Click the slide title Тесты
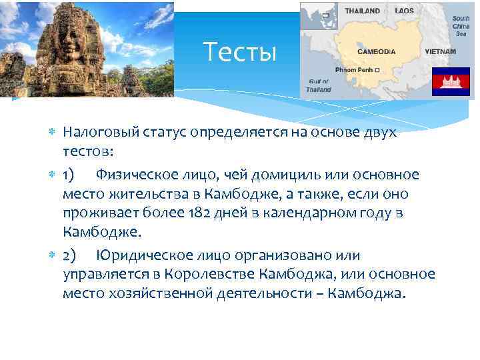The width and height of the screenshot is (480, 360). click(x=239, y=51)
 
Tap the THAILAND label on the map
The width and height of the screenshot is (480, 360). click(x=362, y=11)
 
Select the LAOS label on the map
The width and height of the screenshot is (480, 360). click(x=404, y=11)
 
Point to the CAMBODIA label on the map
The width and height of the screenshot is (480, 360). click(x=377, y=51)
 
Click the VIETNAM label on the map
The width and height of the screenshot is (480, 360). click(x=441, y=51)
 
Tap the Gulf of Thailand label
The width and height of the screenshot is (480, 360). click(x=318, y=85)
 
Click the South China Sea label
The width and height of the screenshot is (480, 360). click(x=461, y=26)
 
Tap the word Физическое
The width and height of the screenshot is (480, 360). click(x=135, y=175)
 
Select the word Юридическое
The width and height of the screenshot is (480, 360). click(x=142, y=255)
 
